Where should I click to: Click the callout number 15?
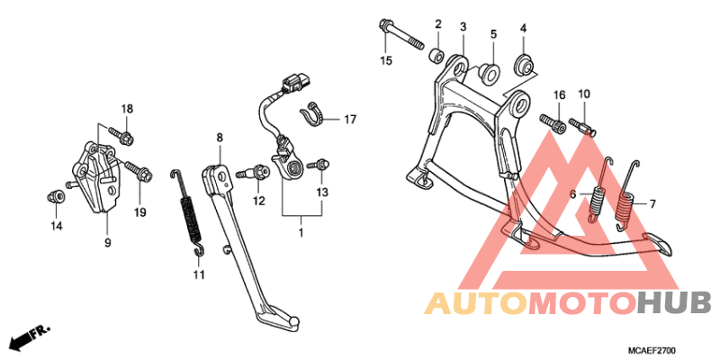(386, 60)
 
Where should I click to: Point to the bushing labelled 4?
(525, 62)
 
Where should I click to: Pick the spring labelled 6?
(598, 191)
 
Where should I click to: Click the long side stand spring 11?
(188, 212)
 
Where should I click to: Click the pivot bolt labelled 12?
(255, 174)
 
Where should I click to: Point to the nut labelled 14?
(55, 196)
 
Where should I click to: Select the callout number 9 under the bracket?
(107, 243)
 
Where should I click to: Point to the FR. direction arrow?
(30, 336)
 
